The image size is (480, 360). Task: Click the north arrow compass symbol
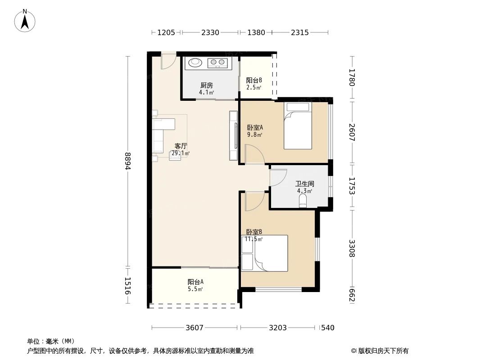(x=25, y=20)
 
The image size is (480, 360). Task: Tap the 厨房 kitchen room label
(x=206, y=85)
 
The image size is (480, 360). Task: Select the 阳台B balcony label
(x=254, y=81)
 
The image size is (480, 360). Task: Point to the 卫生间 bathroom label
(x=304, y=184)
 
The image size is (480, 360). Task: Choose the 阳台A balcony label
(x=195, y=282)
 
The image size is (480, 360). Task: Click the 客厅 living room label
(x=181, y=146)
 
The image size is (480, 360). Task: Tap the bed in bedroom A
(x=297, y=126)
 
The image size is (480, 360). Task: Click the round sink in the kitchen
(x=195, y=63)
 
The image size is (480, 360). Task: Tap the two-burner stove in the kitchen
(x=218, y=63)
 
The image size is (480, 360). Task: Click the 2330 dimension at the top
(x=210, y=32)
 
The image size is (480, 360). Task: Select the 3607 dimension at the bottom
(x=195, y=328)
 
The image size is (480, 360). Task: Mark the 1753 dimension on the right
(x=352, y=185)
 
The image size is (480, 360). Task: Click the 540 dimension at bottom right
(x=328, y=328)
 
